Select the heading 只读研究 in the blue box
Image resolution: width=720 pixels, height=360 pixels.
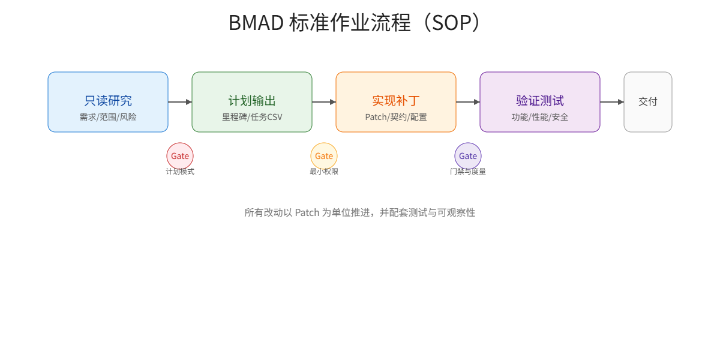coord(108,101)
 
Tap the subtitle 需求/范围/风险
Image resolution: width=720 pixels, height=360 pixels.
coord(108,117)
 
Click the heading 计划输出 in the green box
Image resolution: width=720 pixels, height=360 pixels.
coord(252,101)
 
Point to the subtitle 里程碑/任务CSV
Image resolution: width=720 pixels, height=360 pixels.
coord(252,117)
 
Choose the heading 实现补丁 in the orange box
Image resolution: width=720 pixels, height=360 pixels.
coord(396,101)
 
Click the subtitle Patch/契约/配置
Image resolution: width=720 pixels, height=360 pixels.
coord(396,117)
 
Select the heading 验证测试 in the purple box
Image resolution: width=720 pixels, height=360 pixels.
coord(540,101)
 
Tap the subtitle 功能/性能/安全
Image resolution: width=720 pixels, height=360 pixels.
coord(540,117)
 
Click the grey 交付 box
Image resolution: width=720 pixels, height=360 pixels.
coord(648,102)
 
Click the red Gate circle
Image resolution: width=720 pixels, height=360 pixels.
coord(180,156)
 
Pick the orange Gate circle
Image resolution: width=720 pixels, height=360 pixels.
coord(324,156)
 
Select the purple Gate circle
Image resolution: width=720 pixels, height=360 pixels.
coord(468,156)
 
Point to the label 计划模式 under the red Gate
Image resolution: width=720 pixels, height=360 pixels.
coord(180,172)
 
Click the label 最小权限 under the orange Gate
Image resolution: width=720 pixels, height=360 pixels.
coord(324,172)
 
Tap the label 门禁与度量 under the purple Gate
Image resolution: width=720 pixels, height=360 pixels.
coord(468,172)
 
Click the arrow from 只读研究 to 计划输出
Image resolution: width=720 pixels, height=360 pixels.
coord(180,102)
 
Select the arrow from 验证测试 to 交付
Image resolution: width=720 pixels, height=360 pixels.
coord(612,102)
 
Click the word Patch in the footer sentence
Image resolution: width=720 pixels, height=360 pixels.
coord(307,212)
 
